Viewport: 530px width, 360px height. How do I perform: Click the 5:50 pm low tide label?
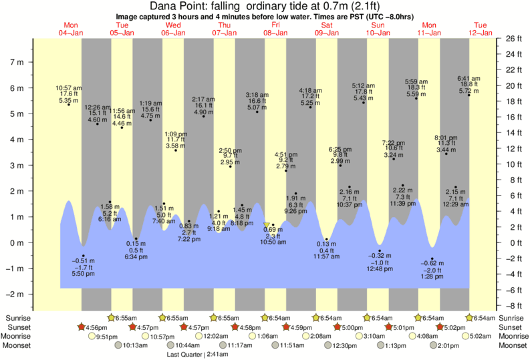point(82,266)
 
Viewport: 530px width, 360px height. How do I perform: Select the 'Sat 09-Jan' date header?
point(327,29)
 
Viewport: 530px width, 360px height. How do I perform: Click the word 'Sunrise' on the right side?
point(511,318)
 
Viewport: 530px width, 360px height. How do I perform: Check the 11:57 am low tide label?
point(327,250)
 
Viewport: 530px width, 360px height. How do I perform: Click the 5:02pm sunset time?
point(458,327)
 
